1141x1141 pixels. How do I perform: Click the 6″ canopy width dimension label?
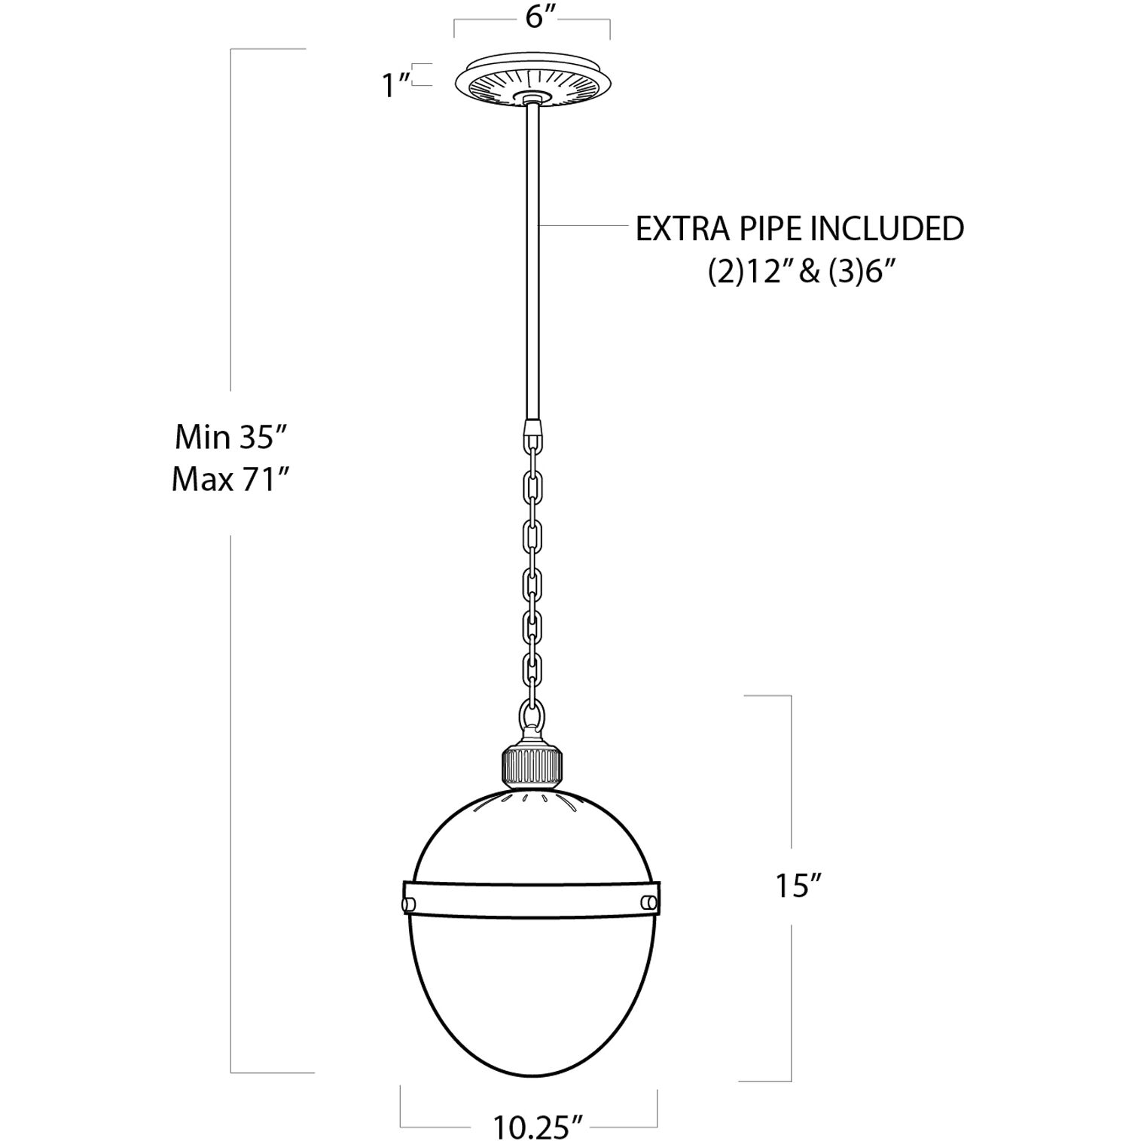[534, 16]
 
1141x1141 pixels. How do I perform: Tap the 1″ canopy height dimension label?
[394, 85]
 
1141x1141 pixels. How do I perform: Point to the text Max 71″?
[230, 479]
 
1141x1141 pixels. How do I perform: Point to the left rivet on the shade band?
[408, 903]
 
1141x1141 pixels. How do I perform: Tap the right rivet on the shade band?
[648, 902]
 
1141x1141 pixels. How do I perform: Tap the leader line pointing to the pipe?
[584, 225]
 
